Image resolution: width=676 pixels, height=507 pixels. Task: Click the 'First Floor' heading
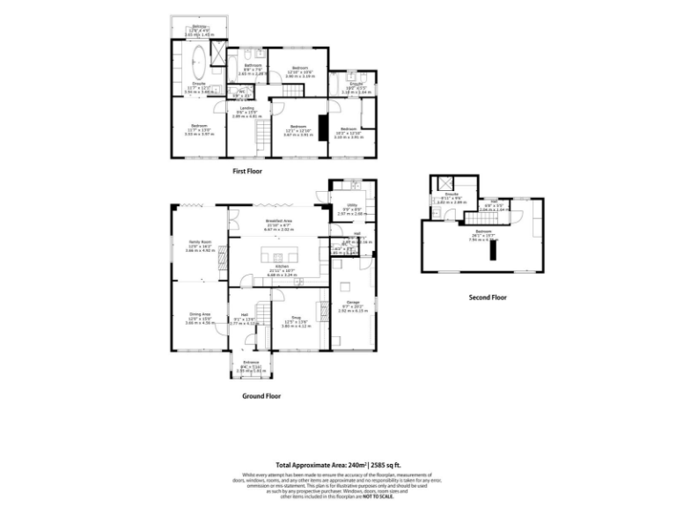point(246,172)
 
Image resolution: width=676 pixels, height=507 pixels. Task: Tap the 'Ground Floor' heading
point(261,397)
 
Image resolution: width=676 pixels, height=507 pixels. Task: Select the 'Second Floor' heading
point(488,298)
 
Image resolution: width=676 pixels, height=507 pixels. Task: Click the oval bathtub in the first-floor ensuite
point(198,63)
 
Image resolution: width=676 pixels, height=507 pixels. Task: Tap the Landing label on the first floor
point(248,109)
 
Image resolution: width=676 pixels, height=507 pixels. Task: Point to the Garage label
point(354,303)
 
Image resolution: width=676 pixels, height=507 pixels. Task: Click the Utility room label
point(352,204)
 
